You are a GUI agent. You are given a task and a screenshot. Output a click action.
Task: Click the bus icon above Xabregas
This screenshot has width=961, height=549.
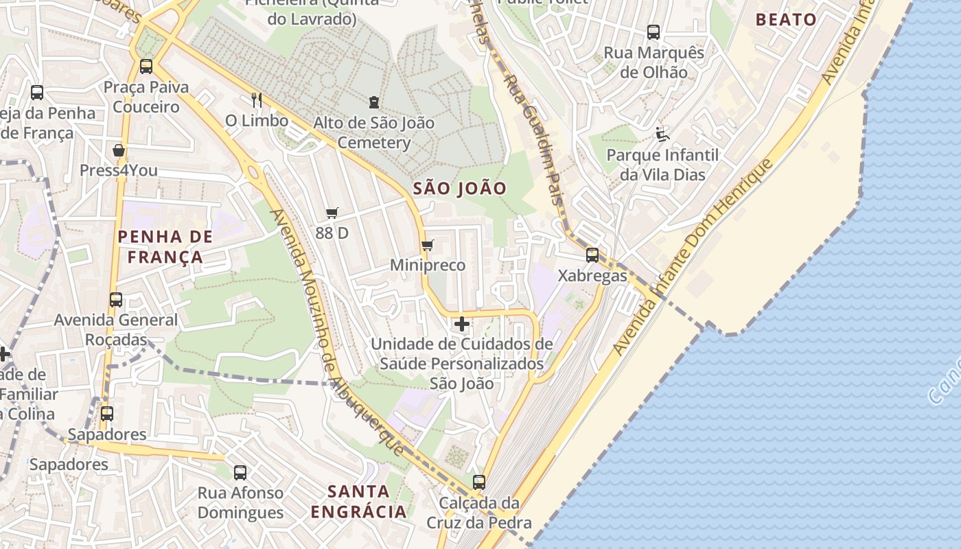(592, 255)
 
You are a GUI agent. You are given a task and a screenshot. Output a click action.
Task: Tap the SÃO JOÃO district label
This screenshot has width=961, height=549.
(460, 189)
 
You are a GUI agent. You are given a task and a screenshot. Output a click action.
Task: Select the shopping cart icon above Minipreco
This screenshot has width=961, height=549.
(427, 245)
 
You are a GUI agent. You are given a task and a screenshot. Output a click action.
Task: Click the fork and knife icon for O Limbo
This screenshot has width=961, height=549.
(257, 100)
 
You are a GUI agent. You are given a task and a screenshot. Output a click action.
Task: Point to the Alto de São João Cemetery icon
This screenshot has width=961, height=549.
(373, 103)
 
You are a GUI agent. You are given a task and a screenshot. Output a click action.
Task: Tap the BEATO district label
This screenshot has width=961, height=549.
(786, 19)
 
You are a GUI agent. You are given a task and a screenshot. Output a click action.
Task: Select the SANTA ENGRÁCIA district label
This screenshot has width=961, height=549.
(358, 502)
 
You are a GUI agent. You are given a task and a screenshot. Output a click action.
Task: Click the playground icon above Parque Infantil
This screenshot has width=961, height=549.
(662, 134)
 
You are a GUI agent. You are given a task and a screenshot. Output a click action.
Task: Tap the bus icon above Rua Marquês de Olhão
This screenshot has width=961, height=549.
(653, 32)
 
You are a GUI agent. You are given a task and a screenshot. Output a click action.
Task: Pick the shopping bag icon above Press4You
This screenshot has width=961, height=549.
(119, 150)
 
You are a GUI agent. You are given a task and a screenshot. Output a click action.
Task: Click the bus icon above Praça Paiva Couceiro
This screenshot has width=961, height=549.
(146, 67)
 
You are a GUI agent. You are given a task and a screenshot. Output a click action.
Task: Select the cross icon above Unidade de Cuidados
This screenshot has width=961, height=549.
(462, 323)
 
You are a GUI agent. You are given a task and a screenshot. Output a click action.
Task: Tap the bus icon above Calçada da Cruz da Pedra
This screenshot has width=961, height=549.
(479, 482)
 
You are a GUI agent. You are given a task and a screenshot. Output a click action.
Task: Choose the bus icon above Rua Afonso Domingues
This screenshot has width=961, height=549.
(240, 472)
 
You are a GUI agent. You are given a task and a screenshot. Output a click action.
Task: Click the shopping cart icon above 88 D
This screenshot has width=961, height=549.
(332, 213)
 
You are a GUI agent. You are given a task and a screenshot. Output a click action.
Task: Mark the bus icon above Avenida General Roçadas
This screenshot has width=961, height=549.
(115, 300)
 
